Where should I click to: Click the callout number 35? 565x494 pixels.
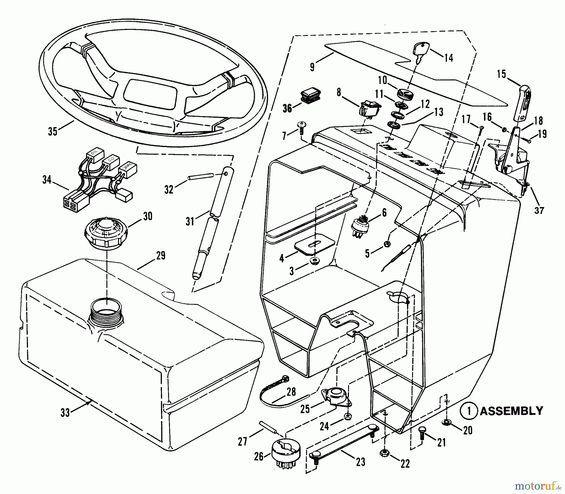click(x=52, y=131)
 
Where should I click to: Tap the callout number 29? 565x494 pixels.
click(x=161, y=255)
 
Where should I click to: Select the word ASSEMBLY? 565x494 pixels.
click(x=511, y=411)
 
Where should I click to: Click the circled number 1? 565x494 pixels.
click(x=469, y=411)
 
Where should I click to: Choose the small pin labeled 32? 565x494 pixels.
click(x=201, y=176)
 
